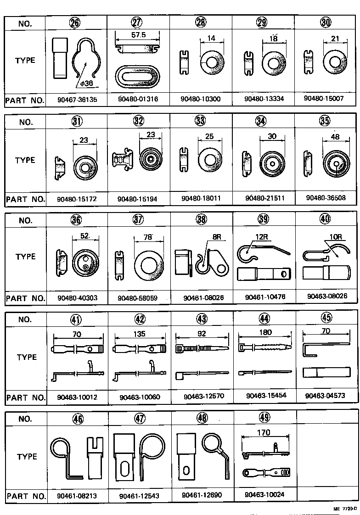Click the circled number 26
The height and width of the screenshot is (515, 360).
[x=76, y=23]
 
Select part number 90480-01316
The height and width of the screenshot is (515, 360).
[x=138, y=100]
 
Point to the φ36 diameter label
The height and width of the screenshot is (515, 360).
[x=85, y=84]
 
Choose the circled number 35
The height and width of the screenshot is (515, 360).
[x=326, y=121]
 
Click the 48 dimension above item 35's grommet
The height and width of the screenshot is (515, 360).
[x=336, y=137]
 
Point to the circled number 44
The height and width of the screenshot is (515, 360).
[x=264, y=318]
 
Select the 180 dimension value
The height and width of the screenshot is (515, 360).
[x=265, y=332]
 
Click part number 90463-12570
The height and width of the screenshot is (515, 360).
[x=202, y=397]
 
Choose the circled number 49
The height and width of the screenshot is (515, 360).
[x=264, y=417]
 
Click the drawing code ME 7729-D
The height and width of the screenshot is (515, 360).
[x=345, y=509]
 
